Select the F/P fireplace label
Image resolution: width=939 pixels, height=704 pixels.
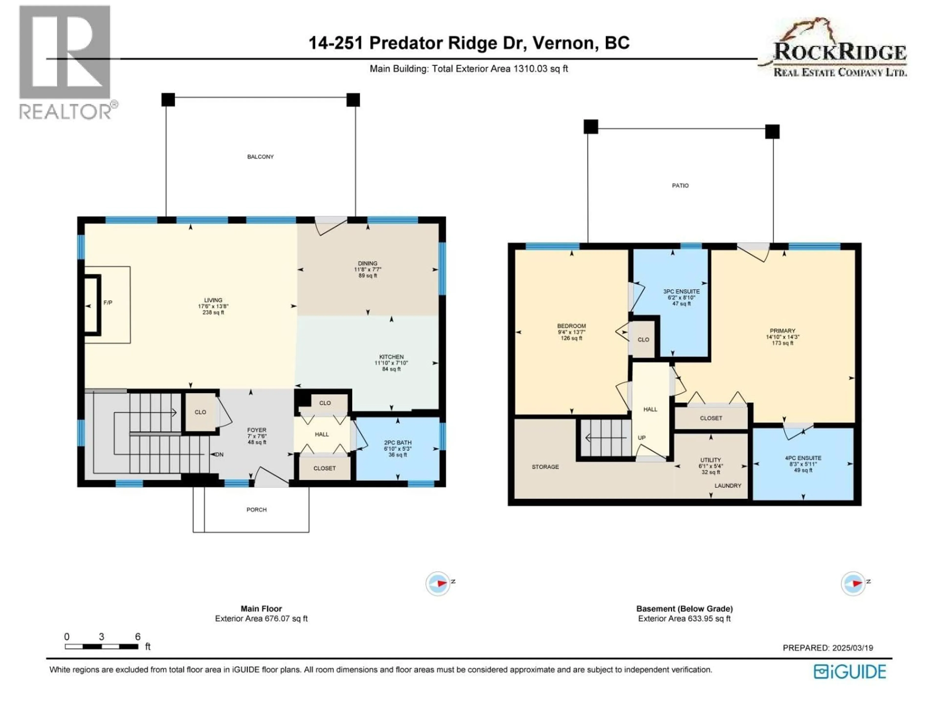click(x=108, y=303)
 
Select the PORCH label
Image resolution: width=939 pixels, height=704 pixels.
click(x=257, y=510)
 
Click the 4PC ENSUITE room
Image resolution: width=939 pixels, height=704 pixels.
click(x=803, y=464)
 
